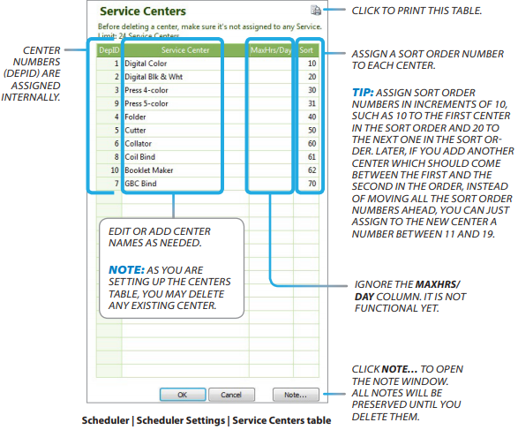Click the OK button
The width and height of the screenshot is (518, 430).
[182, 395]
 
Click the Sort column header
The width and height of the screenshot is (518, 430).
[307, 50]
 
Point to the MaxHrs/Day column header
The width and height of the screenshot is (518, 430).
[271, 50]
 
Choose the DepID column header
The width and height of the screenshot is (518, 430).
[109, 50]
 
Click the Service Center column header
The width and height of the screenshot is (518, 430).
[184, 50]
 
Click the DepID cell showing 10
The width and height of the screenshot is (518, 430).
[114, 170]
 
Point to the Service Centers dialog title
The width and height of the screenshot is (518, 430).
[143, 12]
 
